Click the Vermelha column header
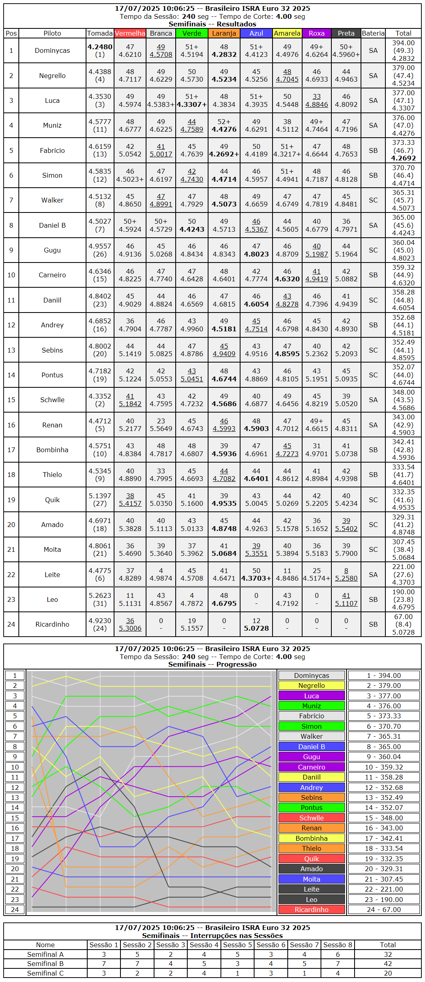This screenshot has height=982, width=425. pyautogui.click(x=130, y=33)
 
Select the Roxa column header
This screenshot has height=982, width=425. pyautogui.click(x=317, y=33)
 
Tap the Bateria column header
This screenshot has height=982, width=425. pyautogui.click(x=373, y=33)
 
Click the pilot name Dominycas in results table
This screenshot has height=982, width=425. pyautogui.click(x=52, y=50)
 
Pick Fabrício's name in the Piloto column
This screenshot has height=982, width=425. pyautogui.click(x=52, y=150)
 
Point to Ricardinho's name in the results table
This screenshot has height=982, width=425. pyautogui.click(x=52, y=624)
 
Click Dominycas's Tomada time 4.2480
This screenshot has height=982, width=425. pyautogui.click(x=100, y=47)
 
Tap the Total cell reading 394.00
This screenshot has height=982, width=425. pyautogui.click(x=403, y=43)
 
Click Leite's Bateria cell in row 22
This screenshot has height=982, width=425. pyautogui.click(x=373, y=575)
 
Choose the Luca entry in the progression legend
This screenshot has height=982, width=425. pyautogui.click(x=311, y=696)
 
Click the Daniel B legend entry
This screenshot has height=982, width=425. pyautogui.click(x=311, y=747)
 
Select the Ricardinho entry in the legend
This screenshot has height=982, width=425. pyautogui.click(x=311, y=910)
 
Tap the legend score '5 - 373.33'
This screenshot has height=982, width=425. pyautogui.click(x=384, y=716)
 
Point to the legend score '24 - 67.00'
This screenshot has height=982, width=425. pyautogui.click(x=384, y=910)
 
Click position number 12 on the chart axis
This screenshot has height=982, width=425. pyautogui.click(x=15, y=788)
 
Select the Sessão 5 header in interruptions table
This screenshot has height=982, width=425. pyautogui.click(x=238, y=945)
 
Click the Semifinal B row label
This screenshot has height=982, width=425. pyautogui.click(x=45, y=964)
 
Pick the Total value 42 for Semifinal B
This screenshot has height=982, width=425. pyautogui.click(x=388, y=964)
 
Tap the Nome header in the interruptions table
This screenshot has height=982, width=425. pyautogui.click(x=45, y=945)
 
